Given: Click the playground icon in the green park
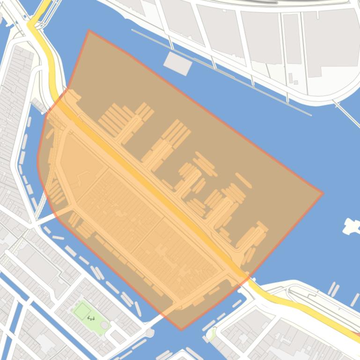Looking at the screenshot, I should click(x=91, y=318).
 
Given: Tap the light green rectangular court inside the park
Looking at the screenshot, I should click(x=82, y=310).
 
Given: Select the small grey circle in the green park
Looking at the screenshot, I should click(x=104, y=325).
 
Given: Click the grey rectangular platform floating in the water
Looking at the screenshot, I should click(x=177, y=63).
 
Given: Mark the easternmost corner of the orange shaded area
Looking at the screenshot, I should click(x=323, y=193).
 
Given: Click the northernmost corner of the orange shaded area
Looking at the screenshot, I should click(x=88, y=31).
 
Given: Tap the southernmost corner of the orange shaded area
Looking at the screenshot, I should click(x=182, y=330).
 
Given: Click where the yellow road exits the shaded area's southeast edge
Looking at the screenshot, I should click(x=247, y=276).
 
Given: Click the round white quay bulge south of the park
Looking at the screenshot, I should click(x=149, y=332).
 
